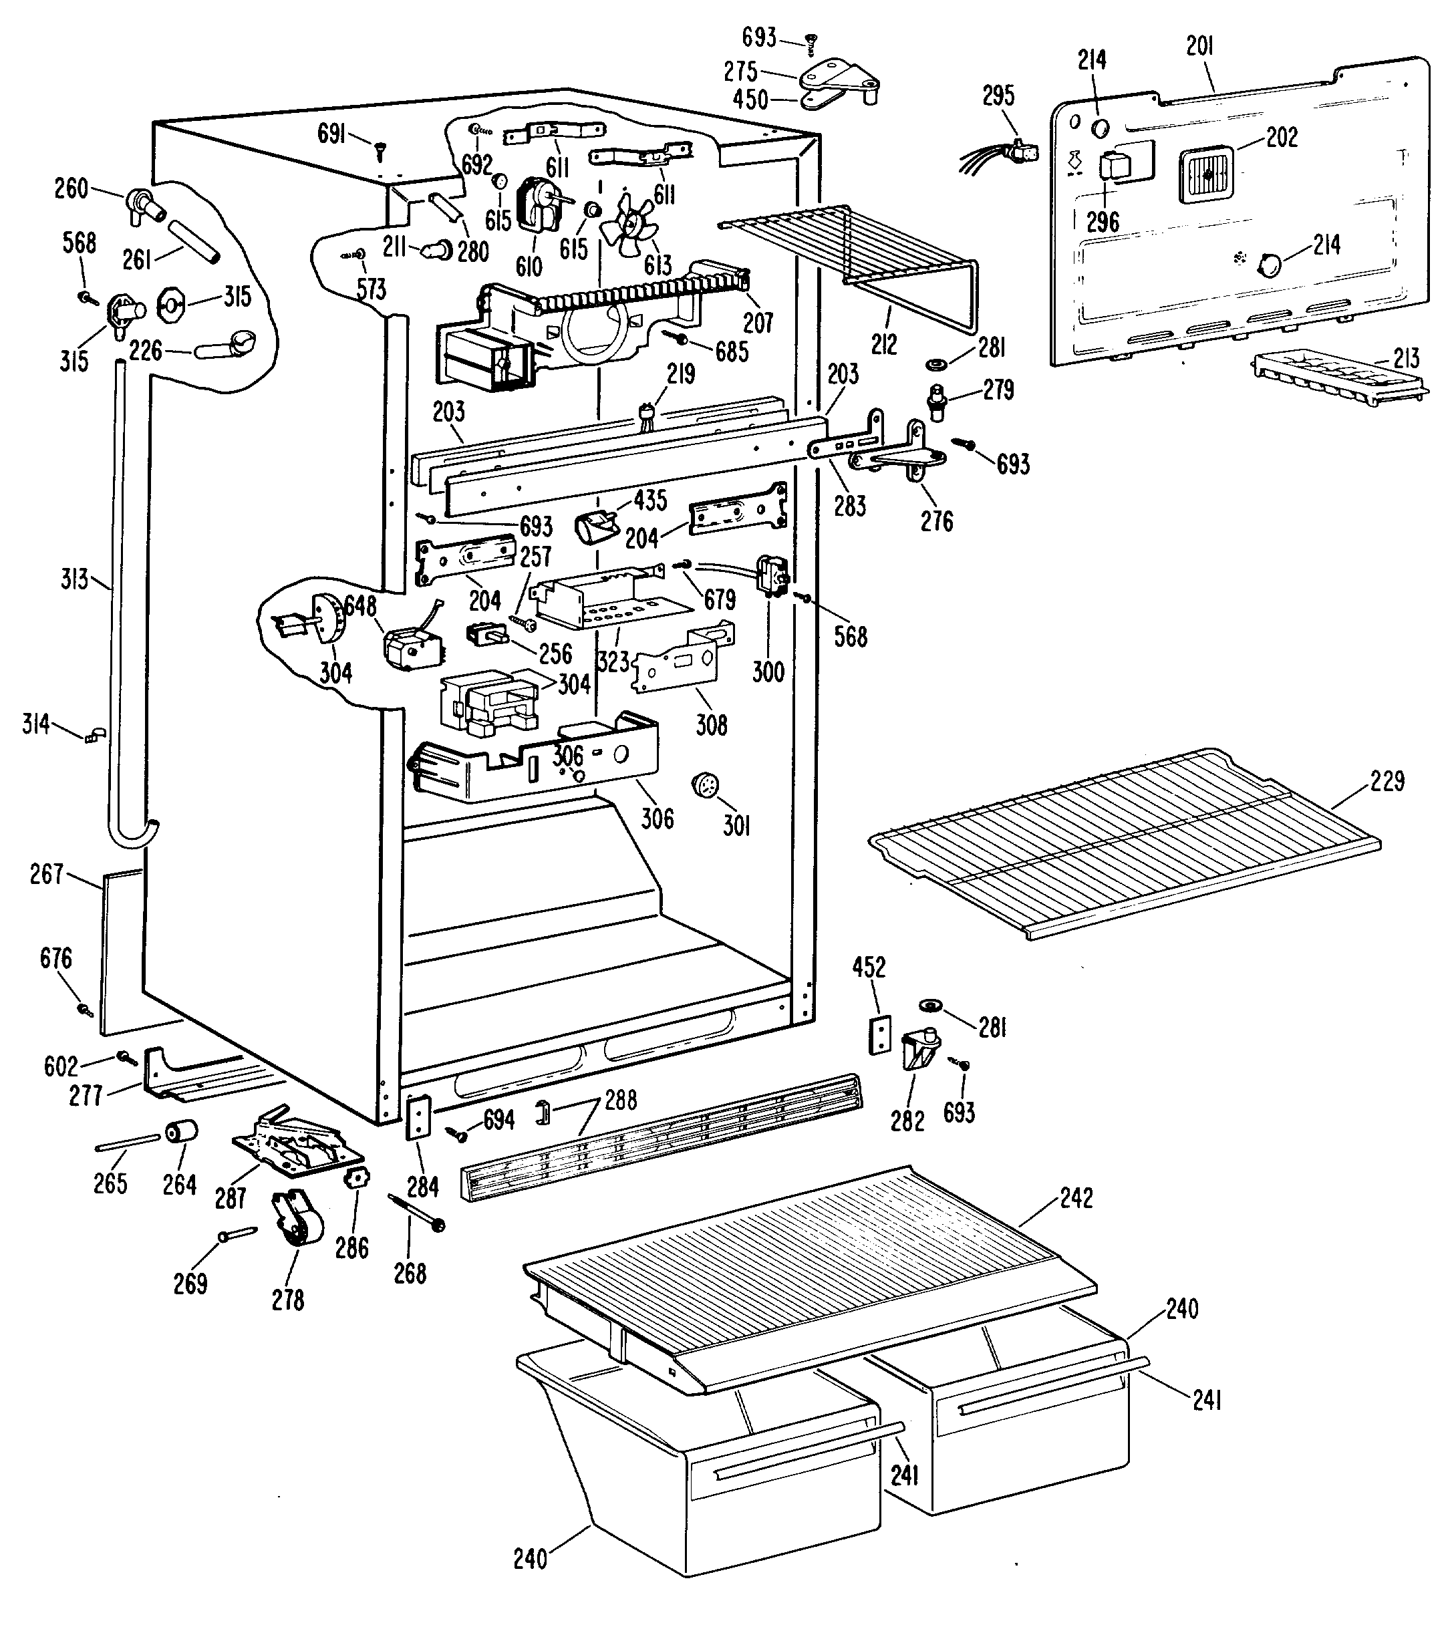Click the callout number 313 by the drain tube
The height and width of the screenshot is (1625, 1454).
pyautogui.click(x=74, y=579)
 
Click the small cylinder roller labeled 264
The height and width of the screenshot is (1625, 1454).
pyautogui.click(x=181, y=1131)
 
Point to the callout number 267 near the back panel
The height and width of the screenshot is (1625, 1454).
pyautogui.click(x=46, y=874)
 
